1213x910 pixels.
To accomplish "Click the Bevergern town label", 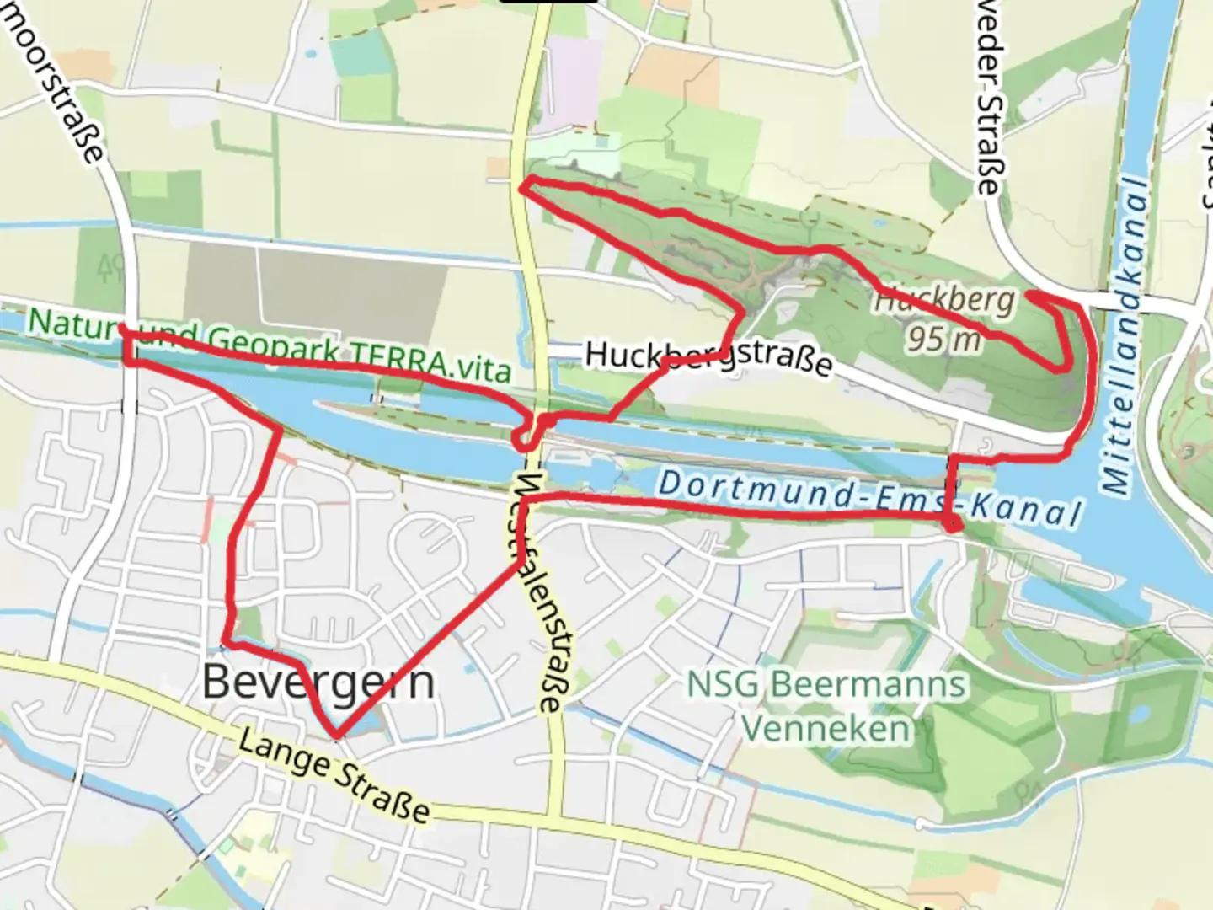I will point(318,681).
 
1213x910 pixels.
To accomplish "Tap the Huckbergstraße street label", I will point(708,357).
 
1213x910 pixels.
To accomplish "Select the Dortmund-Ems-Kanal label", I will point(868,498).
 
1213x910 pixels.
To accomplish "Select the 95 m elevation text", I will point(943,339).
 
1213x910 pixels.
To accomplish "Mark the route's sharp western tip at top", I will point(522,187).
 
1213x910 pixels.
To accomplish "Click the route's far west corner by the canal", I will point(125,331).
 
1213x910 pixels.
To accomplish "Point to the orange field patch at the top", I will point(674,72).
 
